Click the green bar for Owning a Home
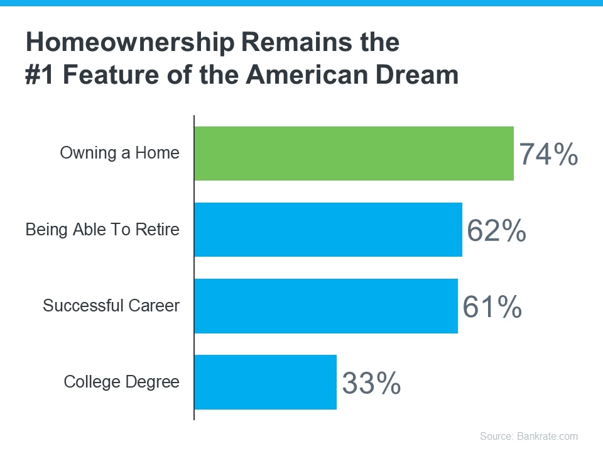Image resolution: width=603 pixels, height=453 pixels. (354, 154)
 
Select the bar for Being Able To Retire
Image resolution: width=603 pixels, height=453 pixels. (328, 230)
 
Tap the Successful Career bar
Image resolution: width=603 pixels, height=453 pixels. (325, 306)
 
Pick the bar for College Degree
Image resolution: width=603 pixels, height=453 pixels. (265, 382)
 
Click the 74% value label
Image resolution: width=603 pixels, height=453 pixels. (548, 155)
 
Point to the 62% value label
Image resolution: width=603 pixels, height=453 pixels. (496, 231)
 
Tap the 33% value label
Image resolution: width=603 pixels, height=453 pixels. (371, 383)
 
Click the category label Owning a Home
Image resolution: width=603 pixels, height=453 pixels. (119, 153)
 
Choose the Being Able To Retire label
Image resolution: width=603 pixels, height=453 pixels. (102, 230)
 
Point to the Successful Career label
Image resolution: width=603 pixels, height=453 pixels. (111, 306)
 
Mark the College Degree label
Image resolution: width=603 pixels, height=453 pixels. (122, 382)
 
